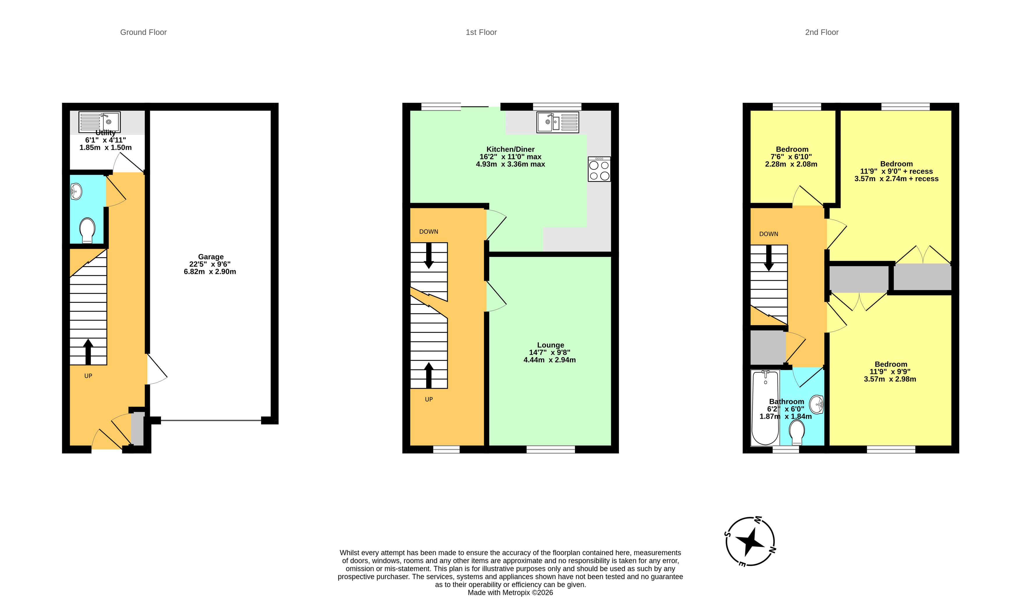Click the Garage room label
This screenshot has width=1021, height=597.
click(211, 257)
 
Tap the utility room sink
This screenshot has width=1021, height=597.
click(99, 122)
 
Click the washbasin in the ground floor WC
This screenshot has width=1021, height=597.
click(76, 191)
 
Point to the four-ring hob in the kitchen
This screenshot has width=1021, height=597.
click(599, 169)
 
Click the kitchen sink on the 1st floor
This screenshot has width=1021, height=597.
click(558, 122)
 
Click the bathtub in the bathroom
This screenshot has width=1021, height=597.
click(765, 407)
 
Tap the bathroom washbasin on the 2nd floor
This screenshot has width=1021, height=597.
click(816, 405)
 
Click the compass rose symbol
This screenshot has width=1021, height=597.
click(750, 541)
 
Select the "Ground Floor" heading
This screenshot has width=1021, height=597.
click(144, 32)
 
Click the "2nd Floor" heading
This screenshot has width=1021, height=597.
click(822, 32)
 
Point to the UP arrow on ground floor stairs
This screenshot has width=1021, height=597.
click(88, 352)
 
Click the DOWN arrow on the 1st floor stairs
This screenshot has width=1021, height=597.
click(429, 256)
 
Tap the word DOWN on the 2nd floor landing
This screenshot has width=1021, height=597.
click(769, 234)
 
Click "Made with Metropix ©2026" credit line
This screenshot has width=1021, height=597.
click(510, 593)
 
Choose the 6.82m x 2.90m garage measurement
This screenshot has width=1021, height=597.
click(210, 271)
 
